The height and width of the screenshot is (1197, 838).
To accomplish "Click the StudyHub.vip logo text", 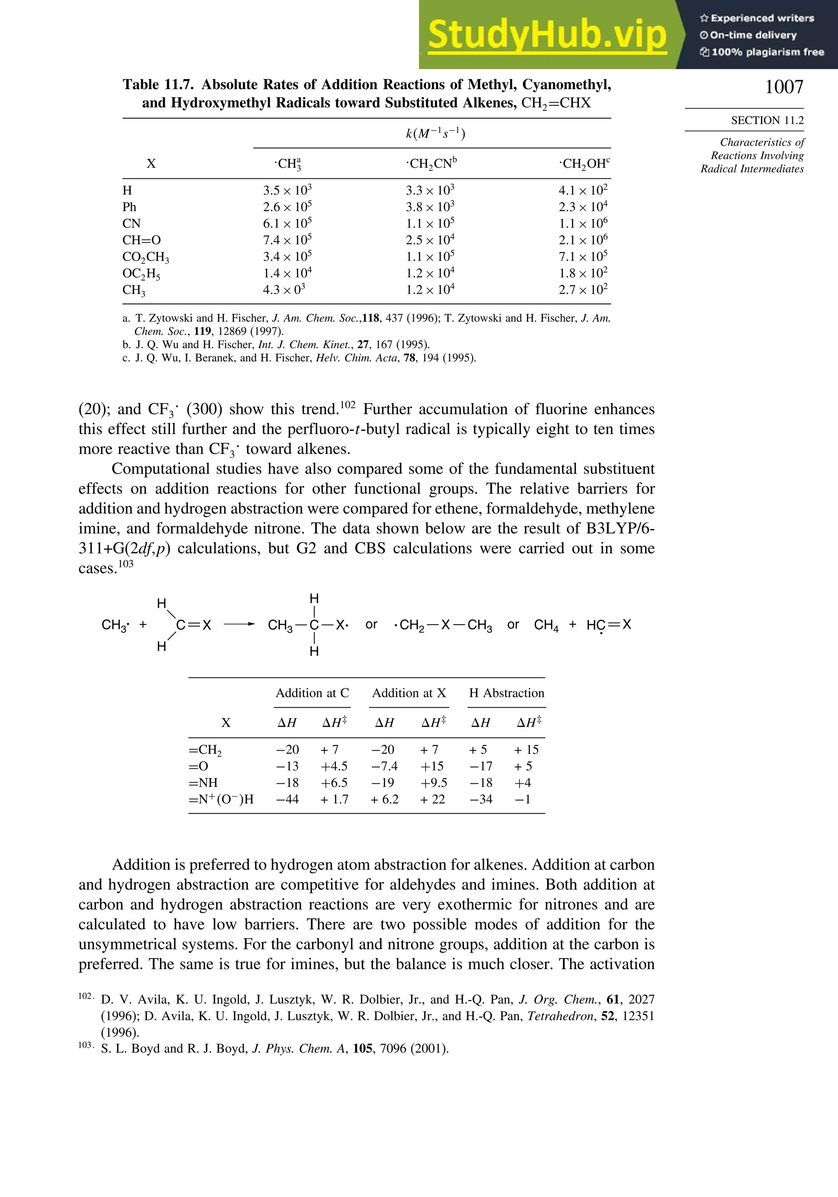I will tap(547, 35).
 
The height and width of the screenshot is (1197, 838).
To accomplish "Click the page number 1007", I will tap(784, 87).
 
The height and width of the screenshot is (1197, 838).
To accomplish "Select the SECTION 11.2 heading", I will tap(767, 120).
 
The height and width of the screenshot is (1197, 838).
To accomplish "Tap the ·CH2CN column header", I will tap(431, 164).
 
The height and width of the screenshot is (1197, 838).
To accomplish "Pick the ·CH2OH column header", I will tap(584, 164).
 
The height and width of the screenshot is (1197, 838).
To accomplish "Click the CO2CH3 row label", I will tap(146, 257).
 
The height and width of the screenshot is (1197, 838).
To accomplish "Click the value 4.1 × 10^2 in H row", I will tap(583, 190).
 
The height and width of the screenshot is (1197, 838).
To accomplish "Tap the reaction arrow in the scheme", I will tap(239, 625).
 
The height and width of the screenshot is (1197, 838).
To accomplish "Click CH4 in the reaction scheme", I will tap(546, 625).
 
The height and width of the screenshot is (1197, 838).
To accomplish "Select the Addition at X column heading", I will tap(409, 693).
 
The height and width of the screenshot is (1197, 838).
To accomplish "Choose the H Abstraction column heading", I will tap(506, 693).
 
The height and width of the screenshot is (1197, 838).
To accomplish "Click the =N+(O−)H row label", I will tap(221, 799).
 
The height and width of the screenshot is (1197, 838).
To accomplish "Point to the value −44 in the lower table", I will tap(287, 799).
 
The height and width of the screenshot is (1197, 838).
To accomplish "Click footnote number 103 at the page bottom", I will tap(86, 1045).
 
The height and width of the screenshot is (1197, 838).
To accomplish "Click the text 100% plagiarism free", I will tap(767, 52).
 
